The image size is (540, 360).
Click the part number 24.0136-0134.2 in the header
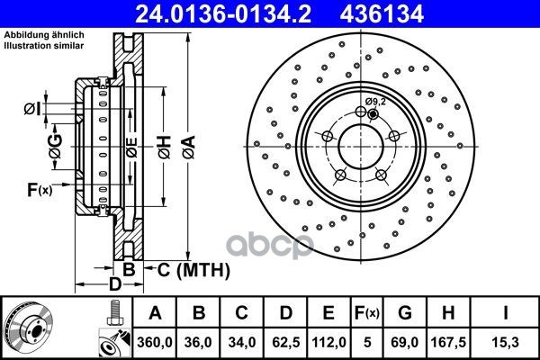(223, 14)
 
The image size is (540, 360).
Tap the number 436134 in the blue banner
(382, 14)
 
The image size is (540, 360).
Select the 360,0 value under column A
(155, 342)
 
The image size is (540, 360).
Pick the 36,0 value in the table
(198, 342)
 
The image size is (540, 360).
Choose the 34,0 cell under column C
(242, 342)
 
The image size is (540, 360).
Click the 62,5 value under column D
(286, 342)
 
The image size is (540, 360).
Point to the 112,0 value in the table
(328, 342)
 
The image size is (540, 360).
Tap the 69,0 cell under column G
(405, 342)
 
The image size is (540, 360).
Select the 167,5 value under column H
(448, 342)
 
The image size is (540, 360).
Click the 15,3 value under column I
(505, 342)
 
